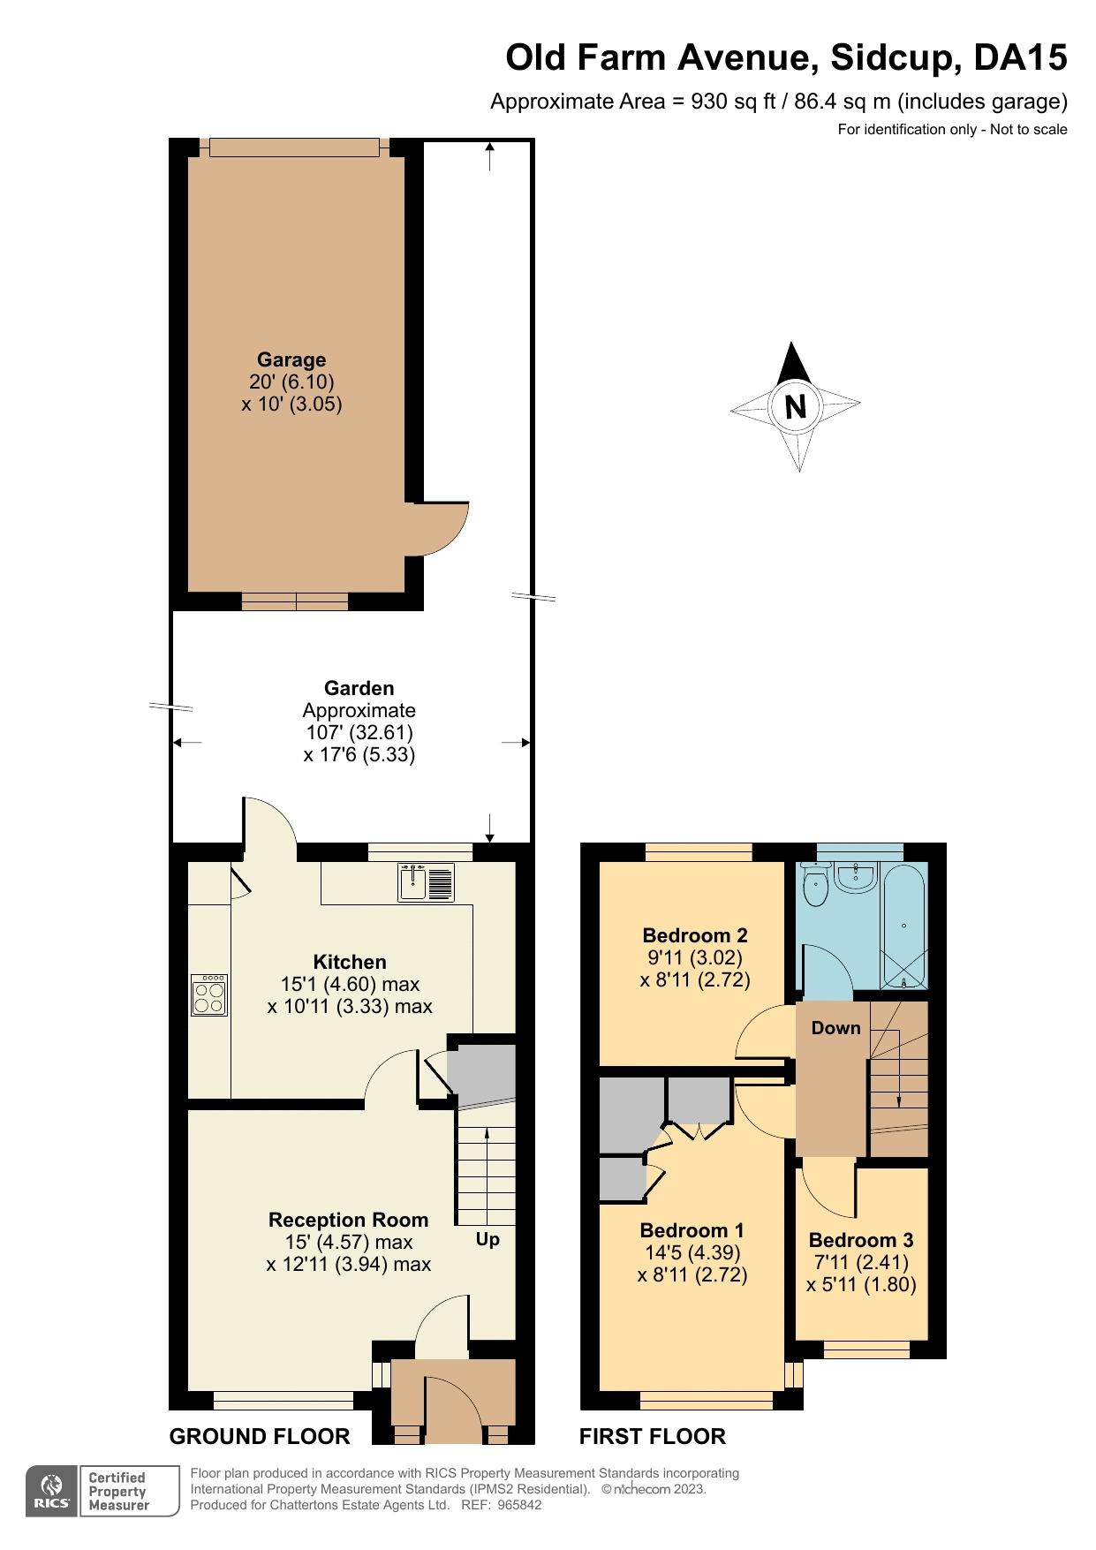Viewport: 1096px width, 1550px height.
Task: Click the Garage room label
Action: (291, 359)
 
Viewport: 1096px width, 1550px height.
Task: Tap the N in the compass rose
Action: (796, 406)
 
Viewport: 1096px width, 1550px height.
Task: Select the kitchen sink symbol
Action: (427, 882)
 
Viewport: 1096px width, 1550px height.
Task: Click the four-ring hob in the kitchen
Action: (209, 995)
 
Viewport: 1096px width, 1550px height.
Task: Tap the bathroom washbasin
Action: (855, 878)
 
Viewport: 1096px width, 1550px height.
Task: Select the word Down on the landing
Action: (835, 1028)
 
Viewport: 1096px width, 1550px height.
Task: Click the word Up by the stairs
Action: (488, 1239)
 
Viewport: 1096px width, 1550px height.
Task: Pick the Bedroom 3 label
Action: (861, 1240)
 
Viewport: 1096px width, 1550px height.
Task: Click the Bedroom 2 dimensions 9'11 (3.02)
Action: (695, 957)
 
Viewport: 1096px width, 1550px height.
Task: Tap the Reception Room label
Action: (348, 1220)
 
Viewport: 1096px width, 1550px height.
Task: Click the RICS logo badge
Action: (53, 1492)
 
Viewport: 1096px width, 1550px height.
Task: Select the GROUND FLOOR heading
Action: (260, 1437)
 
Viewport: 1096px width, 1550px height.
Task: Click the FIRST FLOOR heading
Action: (652, 1437)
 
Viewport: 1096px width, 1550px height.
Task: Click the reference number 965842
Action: (519, 1506)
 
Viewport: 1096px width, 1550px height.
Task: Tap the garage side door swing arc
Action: (446, 530)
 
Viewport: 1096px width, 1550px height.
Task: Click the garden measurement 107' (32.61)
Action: (359, 732)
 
